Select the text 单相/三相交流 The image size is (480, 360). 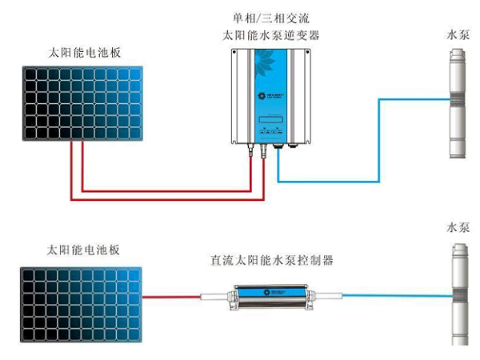(x=270, y=18)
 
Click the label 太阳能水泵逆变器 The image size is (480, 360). (x=270, y=35)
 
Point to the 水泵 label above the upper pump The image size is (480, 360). (x=458, y=35)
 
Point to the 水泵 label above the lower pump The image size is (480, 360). (x=458, y=227)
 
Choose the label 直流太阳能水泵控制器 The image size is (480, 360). (x=271, y=260)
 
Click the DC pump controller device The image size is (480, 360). (x=272, y=297)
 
